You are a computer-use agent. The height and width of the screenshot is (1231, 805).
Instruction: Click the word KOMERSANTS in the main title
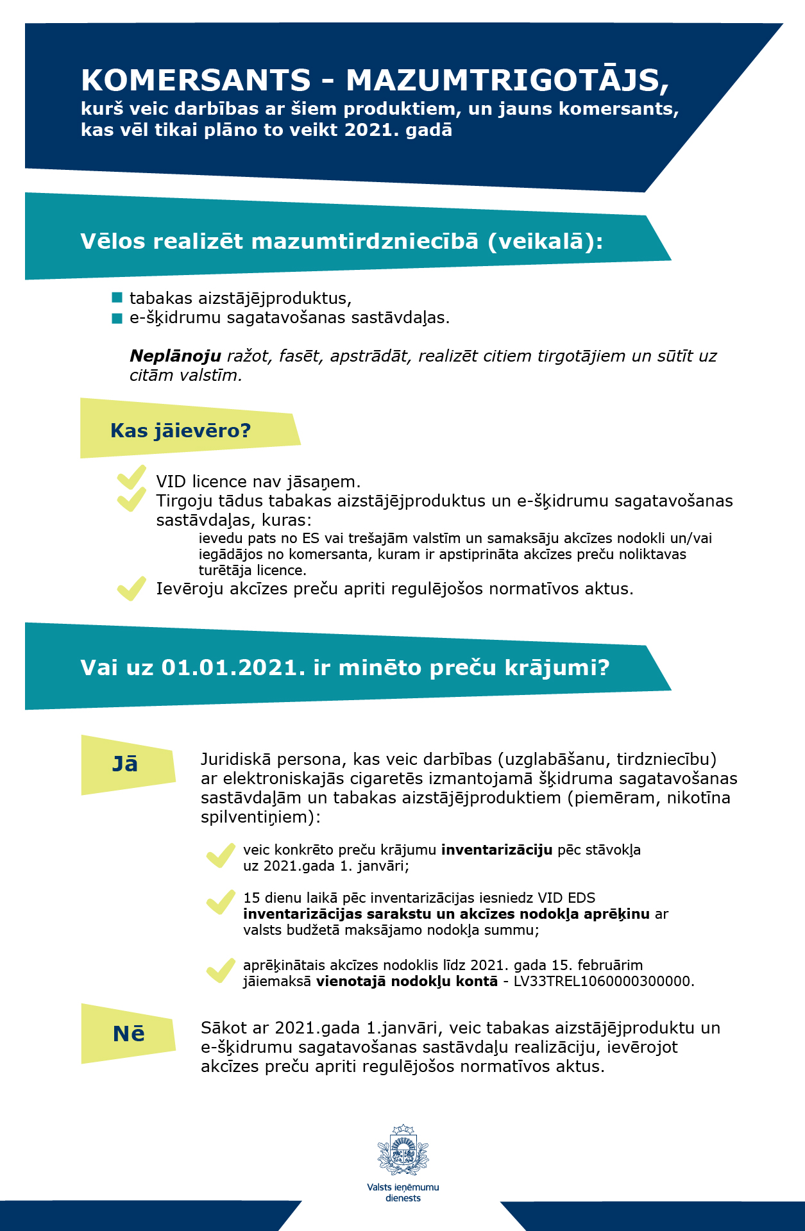click(x=196, y=81)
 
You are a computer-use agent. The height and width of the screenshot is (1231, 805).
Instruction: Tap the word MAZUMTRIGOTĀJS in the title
click(x=507, y=81)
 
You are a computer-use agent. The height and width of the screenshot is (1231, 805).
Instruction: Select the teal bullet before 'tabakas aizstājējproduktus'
click(x=117, y=297)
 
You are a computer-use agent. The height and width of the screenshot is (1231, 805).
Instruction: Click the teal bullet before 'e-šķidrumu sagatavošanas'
click(x=117, y=318)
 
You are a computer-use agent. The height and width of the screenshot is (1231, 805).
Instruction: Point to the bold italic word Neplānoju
click(x=175, y=356)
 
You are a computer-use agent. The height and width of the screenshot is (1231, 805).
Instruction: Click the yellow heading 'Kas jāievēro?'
click(x=180, y=430)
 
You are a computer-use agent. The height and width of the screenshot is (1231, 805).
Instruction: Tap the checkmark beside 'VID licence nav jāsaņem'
click(x=132, y=478)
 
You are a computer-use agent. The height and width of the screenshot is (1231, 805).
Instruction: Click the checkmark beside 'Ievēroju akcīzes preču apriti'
click(x=132, y=588)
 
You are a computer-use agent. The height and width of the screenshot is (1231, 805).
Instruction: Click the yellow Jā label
click(x=126, y=764)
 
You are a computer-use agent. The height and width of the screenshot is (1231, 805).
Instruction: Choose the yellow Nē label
click(x=128, y=1034)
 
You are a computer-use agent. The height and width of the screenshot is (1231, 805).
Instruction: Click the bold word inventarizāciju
click(x=496, y=850)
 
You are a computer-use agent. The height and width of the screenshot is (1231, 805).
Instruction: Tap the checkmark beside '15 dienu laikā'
click(x=221, y=902)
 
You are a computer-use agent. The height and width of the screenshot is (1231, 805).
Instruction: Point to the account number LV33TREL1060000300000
click(x=603, y=982)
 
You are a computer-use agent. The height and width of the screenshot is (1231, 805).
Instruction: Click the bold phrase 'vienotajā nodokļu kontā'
click(x=407, y=982)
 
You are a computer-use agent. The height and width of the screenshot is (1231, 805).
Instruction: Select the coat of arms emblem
click(x=403, y=1150)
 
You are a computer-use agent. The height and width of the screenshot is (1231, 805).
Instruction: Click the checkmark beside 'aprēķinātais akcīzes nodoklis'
click(x=221, y=971)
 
